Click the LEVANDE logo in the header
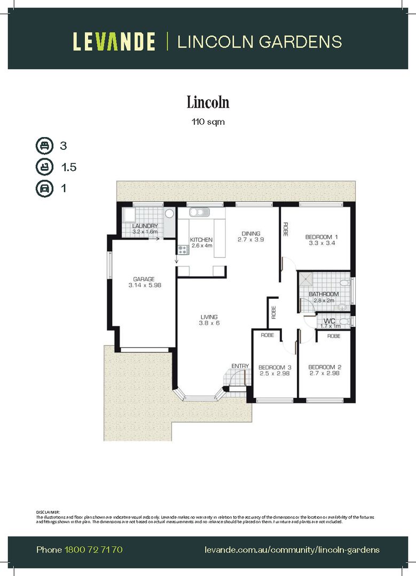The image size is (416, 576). [114, 42]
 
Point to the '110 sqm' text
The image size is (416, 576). [208, 122]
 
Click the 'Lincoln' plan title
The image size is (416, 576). [208, 101]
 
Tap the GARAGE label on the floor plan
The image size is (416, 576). [144, 279]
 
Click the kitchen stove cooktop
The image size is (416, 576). [182, 249]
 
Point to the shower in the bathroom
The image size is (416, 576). [307, 278]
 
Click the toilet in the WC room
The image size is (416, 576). [345, 321]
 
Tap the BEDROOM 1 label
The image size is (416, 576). [322, 237]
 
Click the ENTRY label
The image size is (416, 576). [240, 365]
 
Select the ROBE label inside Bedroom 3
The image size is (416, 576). [267, 335]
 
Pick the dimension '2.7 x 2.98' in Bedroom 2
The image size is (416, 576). [324, 373]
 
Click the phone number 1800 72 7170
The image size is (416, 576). [93, 549]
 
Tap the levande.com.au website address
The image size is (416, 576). [292, 549]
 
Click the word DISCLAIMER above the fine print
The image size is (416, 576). [48, 511]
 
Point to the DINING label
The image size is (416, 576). [250, 233]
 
